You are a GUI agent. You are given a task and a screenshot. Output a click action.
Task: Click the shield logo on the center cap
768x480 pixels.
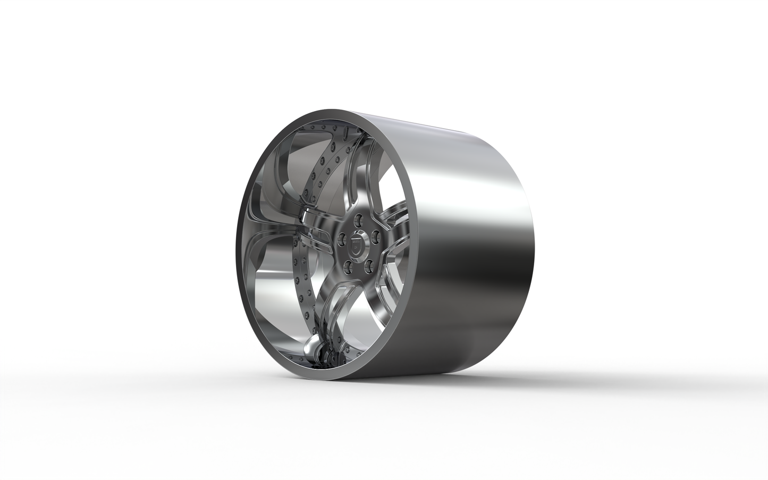(x=357, y=246)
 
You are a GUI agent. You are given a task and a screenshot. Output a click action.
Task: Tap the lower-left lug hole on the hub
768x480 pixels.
(x=348, y=267)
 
